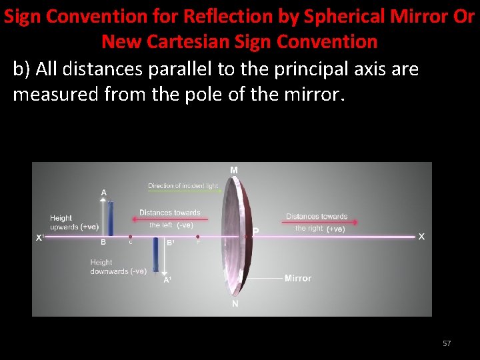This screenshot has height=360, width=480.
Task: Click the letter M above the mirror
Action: coord(234,171)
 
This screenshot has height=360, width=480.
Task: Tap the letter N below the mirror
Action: coord(235,304)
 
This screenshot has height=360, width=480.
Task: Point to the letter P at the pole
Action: coord(255,231)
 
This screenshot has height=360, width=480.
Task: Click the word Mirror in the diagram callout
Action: coord(297,278)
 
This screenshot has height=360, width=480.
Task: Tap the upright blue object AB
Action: coord(110,219)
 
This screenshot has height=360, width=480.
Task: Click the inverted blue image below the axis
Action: coord(155,255)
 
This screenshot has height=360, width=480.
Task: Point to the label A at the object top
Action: coord(103,193)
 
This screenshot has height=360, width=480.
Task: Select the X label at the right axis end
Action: coord(421,237)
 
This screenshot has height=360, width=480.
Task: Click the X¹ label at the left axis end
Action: coord(40,237)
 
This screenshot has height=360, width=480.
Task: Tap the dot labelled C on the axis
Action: coord(130,237)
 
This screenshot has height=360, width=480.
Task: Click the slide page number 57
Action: coord(447,343)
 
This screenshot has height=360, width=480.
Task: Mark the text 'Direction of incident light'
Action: coord(183,186)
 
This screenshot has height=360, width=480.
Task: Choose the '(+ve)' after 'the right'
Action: coord(335,229)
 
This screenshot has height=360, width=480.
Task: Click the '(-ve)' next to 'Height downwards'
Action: coord(139,271)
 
